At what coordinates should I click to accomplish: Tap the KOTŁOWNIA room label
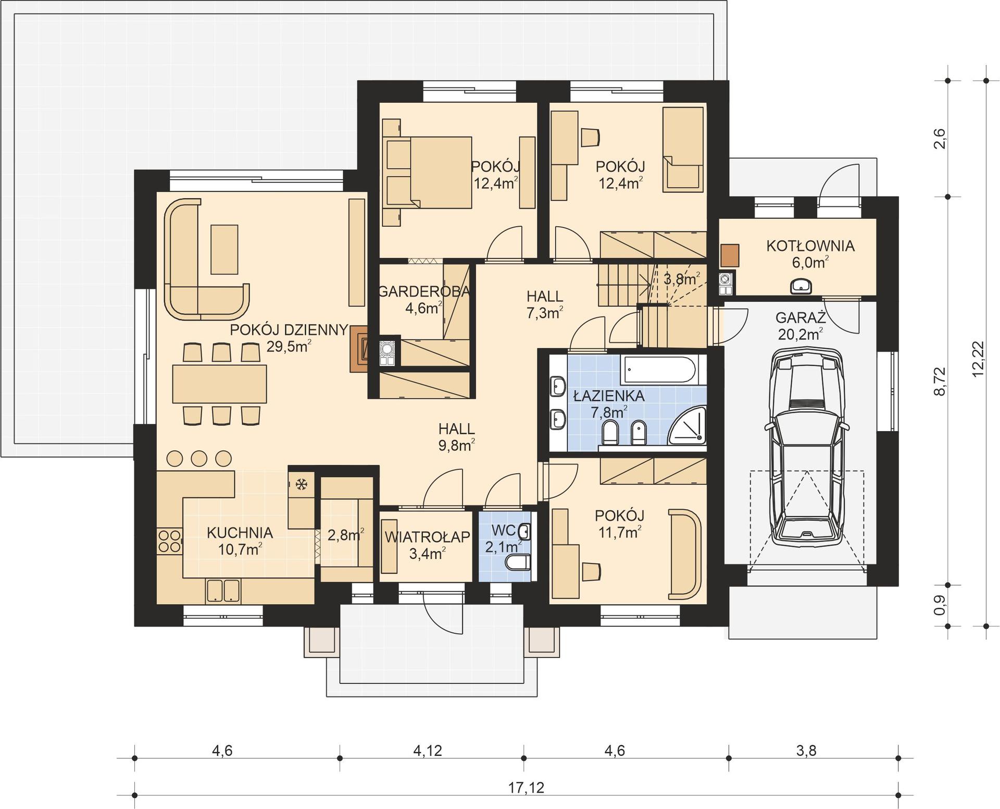(x=810, y=246)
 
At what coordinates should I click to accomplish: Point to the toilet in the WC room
(x=519, y=562)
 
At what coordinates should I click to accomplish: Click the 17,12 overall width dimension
(x=526, y=788)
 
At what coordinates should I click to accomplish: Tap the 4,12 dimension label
(x=428, y=751)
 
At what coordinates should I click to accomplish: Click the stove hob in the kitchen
(x=169, y=541)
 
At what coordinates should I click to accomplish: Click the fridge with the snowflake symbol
(x=301, y=485)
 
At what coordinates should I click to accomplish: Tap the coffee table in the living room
(x=224, y=249)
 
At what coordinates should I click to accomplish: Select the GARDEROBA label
(x=424, y=291)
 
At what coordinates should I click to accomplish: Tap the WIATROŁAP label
(x=427, y=537)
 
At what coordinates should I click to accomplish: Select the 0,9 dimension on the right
(x=940, y=605)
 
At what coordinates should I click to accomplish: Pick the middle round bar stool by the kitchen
(x=199, y=458)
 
